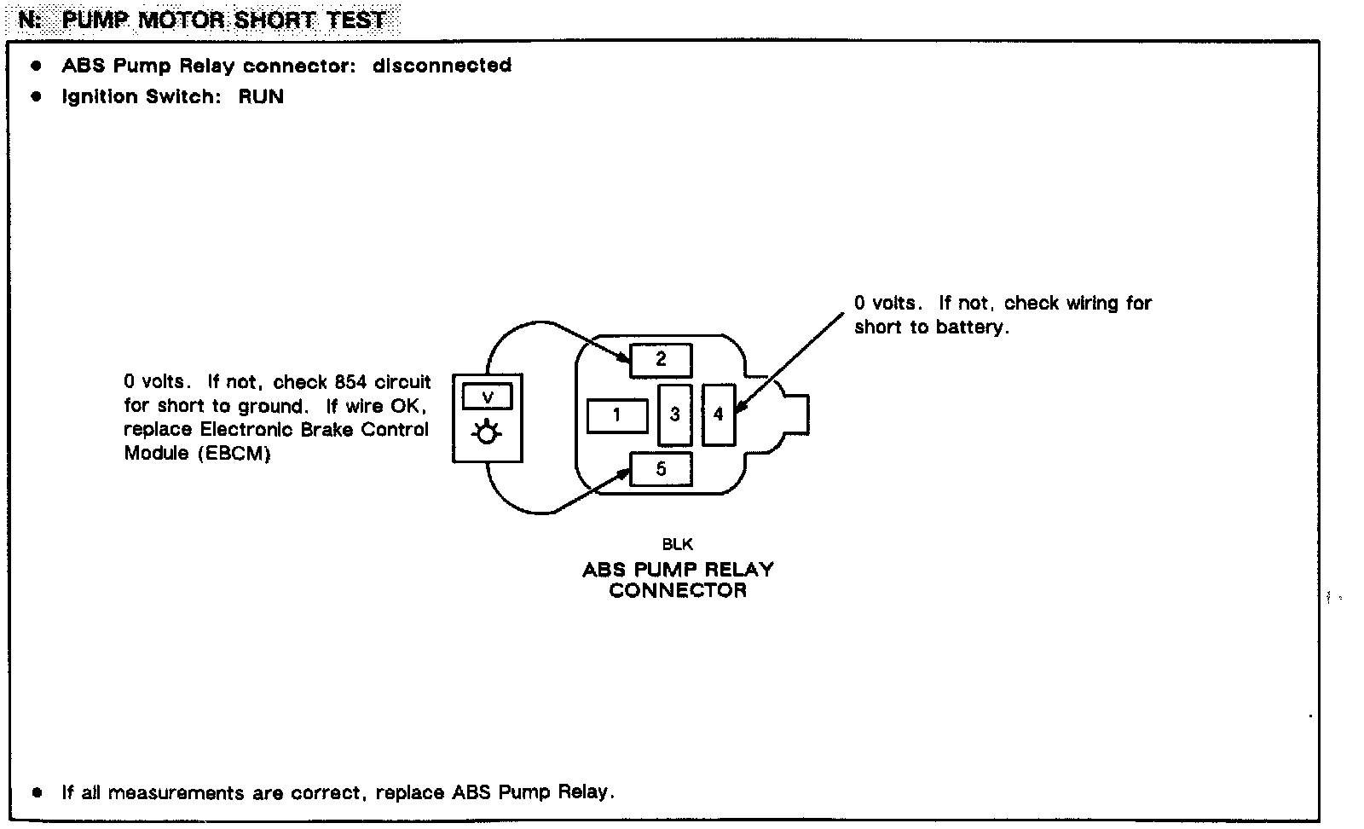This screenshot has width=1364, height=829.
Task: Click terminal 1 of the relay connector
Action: (616, 415)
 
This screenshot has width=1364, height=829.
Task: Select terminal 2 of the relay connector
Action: (661, 360)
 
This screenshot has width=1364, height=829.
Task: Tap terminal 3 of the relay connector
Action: (674, 414)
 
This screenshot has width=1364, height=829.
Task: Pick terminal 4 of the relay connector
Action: (718, 414)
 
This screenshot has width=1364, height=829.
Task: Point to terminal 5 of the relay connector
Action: (661, 469)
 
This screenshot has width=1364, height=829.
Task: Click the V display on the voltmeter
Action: (487, 397)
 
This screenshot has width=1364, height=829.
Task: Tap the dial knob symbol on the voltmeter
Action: (486, 434)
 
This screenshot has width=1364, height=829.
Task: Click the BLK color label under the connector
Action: (678, 544)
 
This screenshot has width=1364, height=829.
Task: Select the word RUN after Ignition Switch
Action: (261, 96)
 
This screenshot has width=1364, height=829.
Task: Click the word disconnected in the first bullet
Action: (442, 66)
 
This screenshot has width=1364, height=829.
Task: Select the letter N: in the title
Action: (30, 20)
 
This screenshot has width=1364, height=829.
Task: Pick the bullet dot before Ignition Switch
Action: (36, 96)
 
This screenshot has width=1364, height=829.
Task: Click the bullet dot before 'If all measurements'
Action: (36, 792)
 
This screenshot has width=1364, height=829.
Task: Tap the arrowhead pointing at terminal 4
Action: (739, 409)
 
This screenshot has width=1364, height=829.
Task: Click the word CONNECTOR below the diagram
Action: (678, 590)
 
